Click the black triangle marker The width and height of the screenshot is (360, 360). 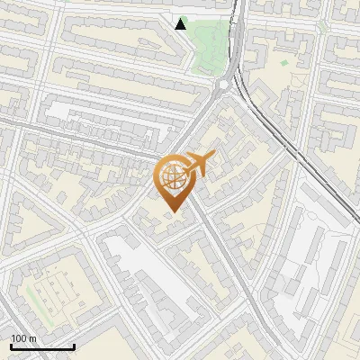tap(181, 23)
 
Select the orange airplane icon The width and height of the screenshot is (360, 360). tap(199, 166)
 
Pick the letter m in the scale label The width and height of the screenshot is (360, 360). tap(32, 338)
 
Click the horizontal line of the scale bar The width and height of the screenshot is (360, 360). tap(41, 346)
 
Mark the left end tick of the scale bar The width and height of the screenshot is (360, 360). tap(11, 345)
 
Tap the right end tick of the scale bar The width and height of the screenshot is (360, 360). tap(74, 345)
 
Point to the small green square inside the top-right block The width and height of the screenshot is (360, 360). tap(284, 63)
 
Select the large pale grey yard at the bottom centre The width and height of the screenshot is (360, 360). tap(148, 270)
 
